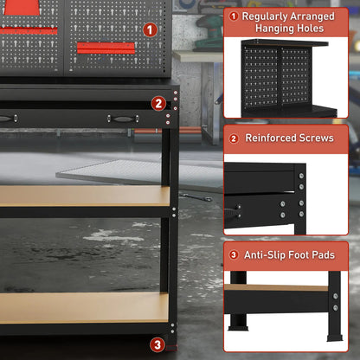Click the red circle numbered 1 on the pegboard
click(151, 29)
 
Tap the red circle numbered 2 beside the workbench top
click(158, 103)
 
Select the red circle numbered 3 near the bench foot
click(157, 344)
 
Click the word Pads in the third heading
click(334, 254)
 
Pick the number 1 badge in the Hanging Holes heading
click(234, 16)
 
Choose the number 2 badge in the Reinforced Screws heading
click(234, 138)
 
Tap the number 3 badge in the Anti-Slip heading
click(234, 254)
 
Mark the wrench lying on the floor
click(200, 198)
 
